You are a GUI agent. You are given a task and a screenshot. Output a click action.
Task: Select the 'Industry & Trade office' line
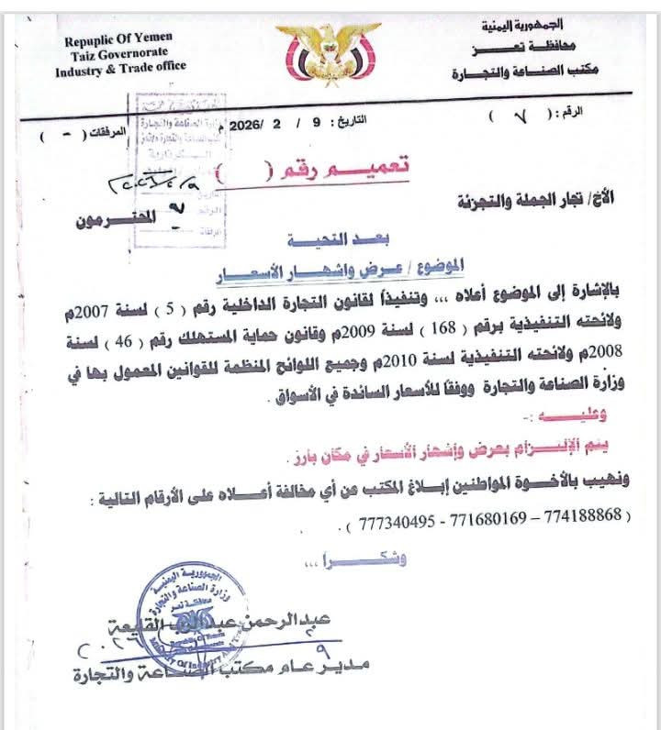click(x=125, y=66)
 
